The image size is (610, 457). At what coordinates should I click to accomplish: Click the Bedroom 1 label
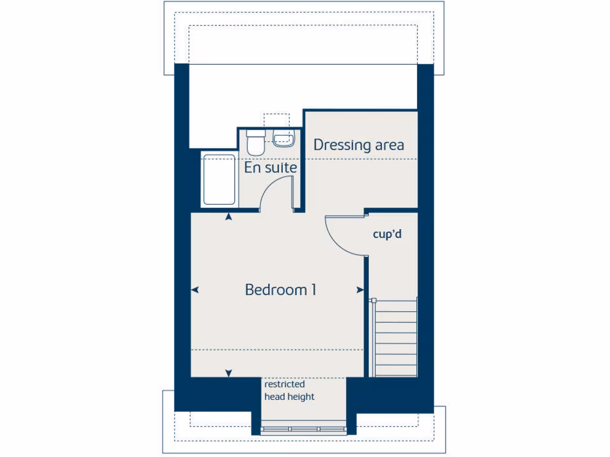[281, 290]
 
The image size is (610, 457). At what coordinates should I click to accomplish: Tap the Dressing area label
[359, 145]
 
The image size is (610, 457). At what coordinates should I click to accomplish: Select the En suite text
[270, 168]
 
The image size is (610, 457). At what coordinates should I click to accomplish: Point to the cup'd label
[387, 234]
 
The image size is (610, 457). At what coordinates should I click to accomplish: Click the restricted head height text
[289, 390]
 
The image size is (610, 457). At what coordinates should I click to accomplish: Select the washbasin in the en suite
[284, 139]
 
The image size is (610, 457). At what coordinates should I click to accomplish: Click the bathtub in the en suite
[219, 179]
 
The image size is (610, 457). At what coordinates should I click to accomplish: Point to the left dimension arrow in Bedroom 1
[195, 290]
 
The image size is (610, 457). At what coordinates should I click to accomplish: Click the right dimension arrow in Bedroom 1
[360, 290]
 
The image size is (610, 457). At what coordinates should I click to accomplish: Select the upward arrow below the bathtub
[229, 217]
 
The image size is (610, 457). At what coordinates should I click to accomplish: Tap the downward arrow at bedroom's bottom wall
[229, 373]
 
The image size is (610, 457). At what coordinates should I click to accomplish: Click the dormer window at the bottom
[304, 428]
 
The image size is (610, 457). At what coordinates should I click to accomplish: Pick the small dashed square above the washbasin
[276, 121]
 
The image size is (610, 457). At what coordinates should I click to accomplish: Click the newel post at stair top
[373, 301]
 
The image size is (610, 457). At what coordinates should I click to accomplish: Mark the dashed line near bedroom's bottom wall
[277, 350]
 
